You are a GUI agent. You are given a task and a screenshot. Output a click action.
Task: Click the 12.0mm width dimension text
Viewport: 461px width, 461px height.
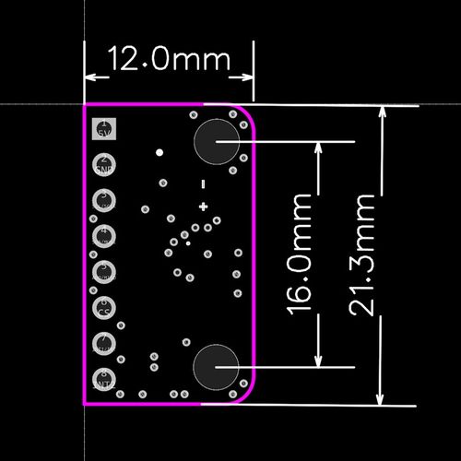coord(169,61)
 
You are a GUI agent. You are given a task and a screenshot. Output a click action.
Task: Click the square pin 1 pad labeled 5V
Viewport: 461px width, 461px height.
coord(104,128)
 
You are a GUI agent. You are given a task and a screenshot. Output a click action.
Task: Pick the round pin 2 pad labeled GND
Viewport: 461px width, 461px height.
coord(104,165)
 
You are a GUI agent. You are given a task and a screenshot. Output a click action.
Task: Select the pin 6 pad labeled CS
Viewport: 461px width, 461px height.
coord(104,307)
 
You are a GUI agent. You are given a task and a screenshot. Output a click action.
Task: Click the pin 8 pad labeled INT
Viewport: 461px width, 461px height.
coord(104,379)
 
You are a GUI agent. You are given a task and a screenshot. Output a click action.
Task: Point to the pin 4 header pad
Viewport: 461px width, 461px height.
coord(104,236)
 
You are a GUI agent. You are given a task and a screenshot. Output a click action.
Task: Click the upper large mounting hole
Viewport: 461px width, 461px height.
coord(217,142)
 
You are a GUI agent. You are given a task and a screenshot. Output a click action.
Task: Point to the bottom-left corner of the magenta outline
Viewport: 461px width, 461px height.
coord(85,404)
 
